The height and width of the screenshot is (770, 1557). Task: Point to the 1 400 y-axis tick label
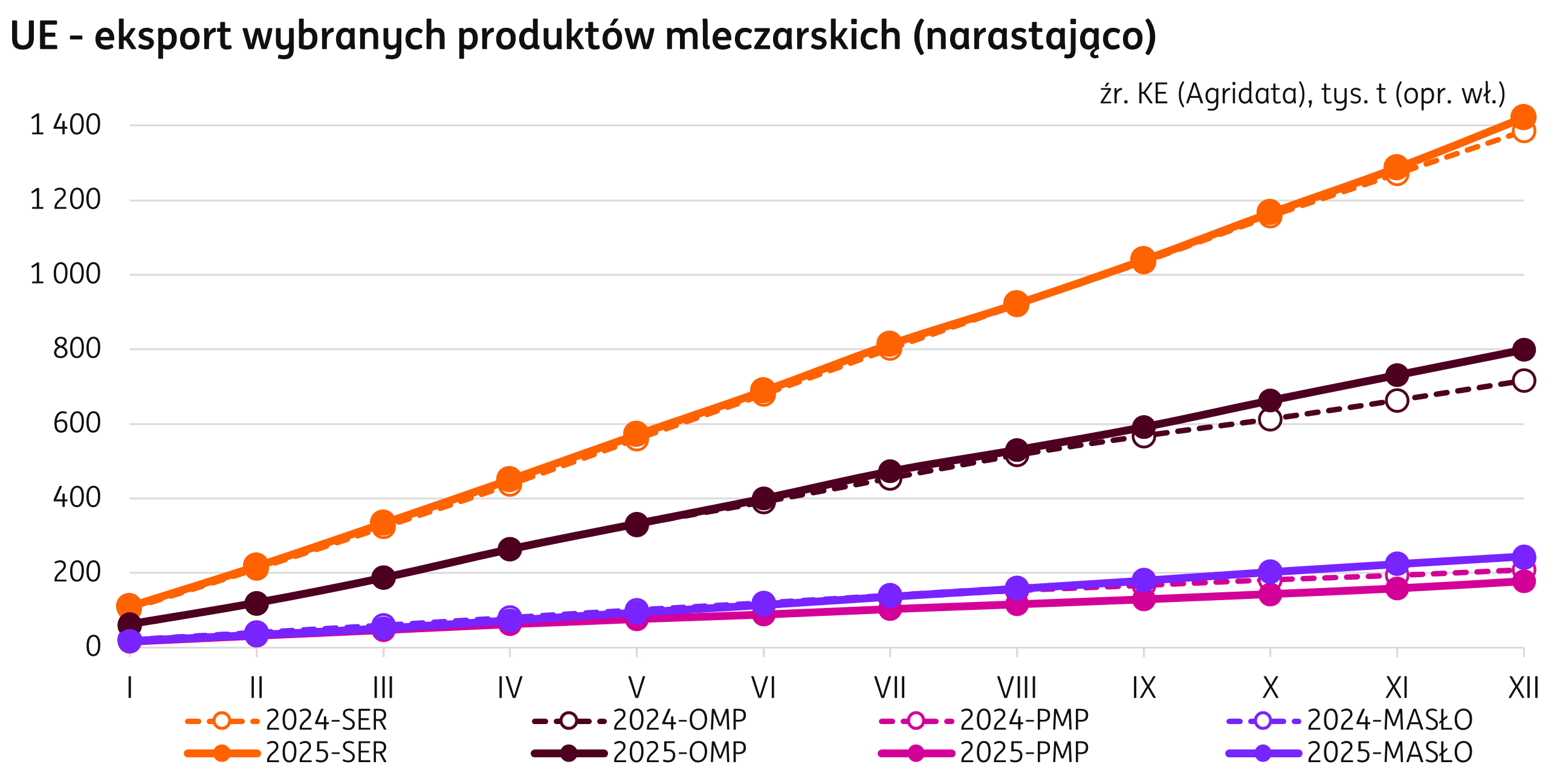point(65,125)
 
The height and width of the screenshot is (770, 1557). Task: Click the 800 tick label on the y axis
point(77,349)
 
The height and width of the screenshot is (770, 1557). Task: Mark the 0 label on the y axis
point(93,647)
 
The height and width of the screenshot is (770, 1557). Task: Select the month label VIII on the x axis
point(1017,688)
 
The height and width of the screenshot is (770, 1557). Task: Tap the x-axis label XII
point(1523,688)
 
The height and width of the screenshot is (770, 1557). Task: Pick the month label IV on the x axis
point(510,688)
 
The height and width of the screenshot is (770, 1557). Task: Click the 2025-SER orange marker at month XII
point(1524,116)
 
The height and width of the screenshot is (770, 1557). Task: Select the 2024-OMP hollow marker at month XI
point(1397,400)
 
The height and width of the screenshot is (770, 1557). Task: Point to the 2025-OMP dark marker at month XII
point(1524,349)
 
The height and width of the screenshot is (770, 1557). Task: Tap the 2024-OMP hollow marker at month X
point(1270,419)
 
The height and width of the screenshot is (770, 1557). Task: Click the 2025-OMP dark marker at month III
point(383,577)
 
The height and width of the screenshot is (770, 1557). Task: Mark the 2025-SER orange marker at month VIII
point(1017,303)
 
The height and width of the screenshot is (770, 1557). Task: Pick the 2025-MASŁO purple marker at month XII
point(1524,557)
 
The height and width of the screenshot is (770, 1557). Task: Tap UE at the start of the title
point(34,36)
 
